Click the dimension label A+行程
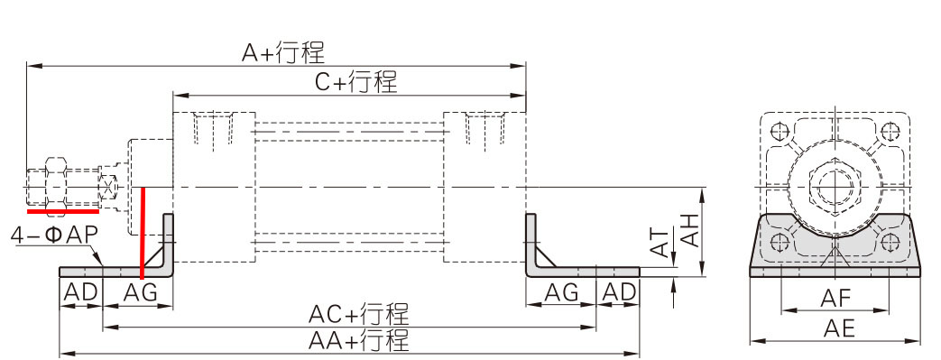point(282,52)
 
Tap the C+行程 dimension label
point(355,82)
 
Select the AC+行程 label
point(358,315)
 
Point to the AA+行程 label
point(358,341)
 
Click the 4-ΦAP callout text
point(53,235)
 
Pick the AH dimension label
point(690,229)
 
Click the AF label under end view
point(835,299)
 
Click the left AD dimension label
point(80,292)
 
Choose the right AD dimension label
point(618,292)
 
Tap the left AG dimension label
point(139,292)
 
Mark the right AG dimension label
point(561,292)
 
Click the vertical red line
point(143,231)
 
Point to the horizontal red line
point(63,213)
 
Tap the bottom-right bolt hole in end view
point(890,241)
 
